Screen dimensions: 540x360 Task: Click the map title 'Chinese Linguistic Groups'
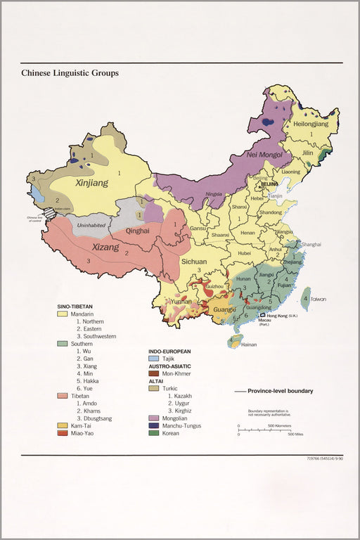pos(70,72)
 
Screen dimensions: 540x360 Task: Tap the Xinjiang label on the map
pos(91,183)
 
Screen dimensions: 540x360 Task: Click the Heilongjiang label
pos(311,124)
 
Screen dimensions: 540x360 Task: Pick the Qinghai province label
pos(137,230)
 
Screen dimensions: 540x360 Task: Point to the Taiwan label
pos(319,299)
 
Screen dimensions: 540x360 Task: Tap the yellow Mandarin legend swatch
pos(62,314)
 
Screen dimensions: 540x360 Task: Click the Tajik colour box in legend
pos(153,359)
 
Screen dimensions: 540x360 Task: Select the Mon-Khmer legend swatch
pos(153,375)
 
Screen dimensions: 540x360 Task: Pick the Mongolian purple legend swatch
pos(153,416)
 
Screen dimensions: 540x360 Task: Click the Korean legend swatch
pos(153,433)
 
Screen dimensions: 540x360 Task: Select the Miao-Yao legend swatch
pos(62,433)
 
